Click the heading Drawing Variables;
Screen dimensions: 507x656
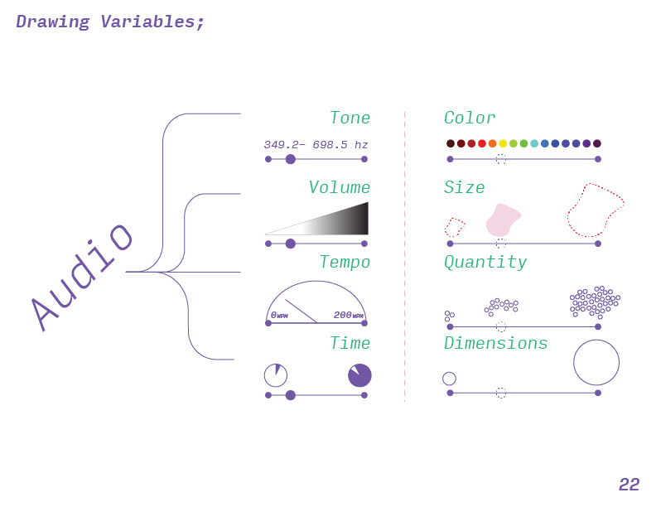click(x=110, y=22)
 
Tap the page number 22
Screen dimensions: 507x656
click(x=629, y=485)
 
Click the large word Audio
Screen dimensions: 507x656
click(x=82, y=275)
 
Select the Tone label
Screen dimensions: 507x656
click(x=350, y=118)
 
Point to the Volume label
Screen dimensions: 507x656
click(x=339, y=188)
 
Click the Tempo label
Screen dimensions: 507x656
click(x=345, y=263)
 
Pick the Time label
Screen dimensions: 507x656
click(x=350, y=344)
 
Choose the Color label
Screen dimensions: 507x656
click(x=470, y=118)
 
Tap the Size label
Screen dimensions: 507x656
click(x=464, y=188)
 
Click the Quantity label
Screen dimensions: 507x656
click(x=485, y=263)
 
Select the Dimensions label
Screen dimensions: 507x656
click(x=495, y=344)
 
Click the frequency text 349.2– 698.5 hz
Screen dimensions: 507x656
click(x=316, y=145)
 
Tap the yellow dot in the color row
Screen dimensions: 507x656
click(x=503, y=143)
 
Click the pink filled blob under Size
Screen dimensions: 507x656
click(x=502, y=220)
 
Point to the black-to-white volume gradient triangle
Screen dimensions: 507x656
click(x=340, y=222)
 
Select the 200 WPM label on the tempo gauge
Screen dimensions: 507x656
click(x=348, y=316)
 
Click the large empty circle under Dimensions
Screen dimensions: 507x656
click(x=596, y=362)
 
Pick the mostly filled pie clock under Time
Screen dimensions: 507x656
click(x=359, y=375)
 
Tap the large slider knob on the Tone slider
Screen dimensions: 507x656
click(x=290, y=159)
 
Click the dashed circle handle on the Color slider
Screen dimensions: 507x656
click(x=500, y=159)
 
